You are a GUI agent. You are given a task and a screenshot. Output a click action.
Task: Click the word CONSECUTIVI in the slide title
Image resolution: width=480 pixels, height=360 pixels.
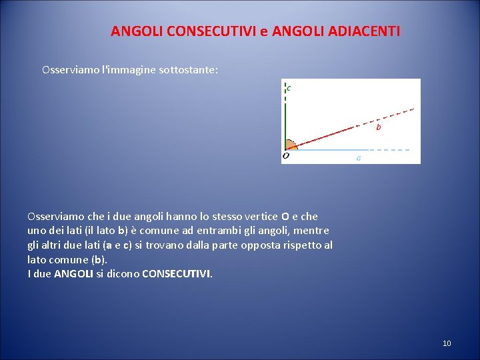click(x=201, y=31)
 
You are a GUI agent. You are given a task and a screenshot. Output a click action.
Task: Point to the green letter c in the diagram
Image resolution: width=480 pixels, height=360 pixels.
click(x=289, y=87)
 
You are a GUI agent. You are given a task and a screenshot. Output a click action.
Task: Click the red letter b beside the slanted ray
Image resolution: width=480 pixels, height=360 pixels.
click(x=379, y=127)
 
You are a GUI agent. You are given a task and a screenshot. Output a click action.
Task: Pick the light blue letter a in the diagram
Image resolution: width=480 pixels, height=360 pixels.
click(x=359, y=159)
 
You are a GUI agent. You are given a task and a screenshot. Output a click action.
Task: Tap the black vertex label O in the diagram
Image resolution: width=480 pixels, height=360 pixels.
click(x=285, y=156)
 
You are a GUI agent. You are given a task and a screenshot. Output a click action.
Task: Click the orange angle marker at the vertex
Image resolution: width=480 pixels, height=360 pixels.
click(x=290, y=144)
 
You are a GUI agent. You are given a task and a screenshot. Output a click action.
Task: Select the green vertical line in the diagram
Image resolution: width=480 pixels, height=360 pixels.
click(x=285, y=123)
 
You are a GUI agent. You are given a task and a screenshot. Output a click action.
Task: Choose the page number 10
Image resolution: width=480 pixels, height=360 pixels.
click(x=447, y=343)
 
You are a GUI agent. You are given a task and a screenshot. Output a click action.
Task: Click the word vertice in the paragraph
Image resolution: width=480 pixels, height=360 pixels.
click(x=259, y=216)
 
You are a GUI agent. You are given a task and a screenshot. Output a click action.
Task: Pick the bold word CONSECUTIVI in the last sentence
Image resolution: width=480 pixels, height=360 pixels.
click(x=177, y=273)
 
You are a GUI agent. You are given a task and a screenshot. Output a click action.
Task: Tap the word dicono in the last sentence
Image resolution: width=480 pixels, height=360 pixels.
click(x=123, y=273)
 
